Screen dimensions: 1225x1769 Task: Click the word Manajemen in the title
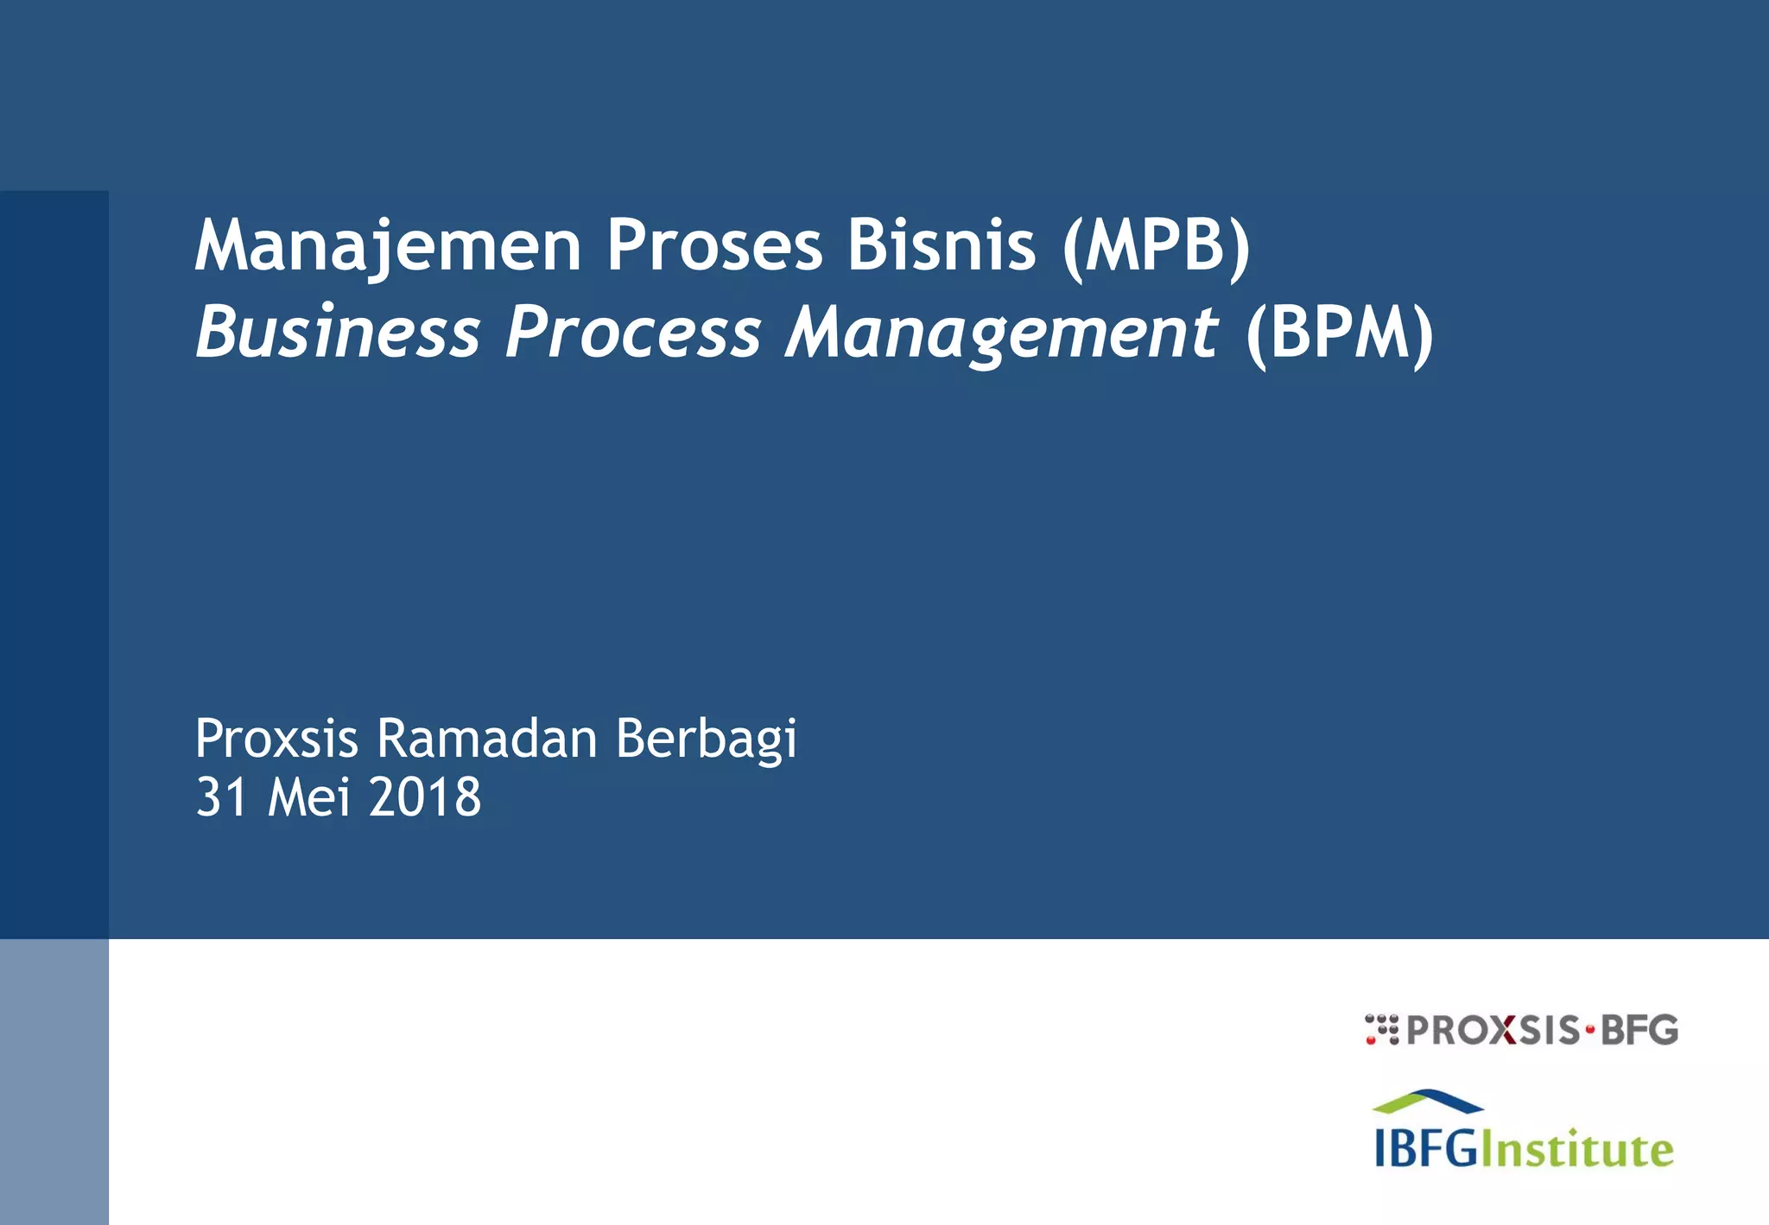coord(388,246)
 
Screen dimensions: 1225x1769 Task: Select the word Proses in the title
coord(714,246)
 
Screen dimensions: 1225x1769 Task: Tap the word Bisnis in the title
coord(941,246)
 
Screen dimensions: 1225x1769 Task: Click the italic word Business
coord(338,333)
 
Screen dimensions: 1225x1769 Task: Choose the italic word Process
coord(632,333)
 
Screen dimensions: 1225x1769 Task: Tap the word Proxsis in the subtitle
coord(276,739)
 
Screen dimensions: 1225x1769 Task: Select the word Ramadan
coord(486,739)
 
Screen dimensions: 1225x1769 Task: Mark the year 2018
coord(424,797)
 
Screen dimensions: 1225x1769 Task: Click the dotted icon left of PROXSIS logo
coord(1381,1030)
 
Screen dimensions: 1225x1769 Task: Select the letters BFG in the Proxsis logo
coord(1639,1030)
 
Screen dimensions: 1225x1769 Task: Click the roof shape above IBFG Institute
coord(1427,1101)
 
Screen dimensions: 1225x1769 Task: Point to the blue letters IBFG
coord(1426,1150)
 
